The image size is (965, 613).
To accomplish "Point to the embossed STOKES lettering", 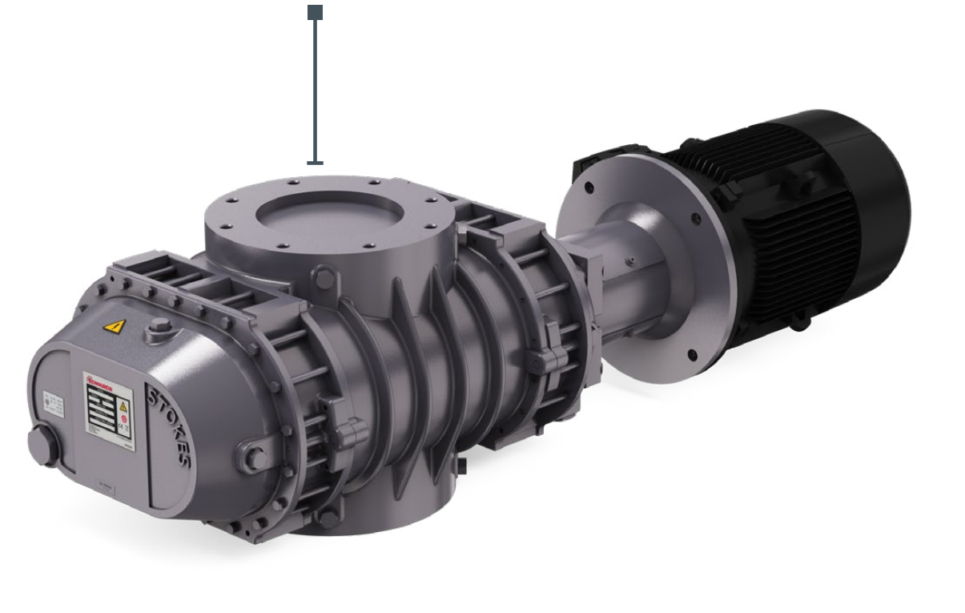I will [170, 425].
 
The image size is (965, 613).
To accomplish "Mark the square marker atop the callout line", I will [316, 12].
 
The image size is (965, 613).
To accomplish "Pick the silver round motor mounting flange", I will [633, 264].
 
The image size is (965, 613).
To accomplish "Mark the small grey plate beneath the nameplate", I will [104, 483].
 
